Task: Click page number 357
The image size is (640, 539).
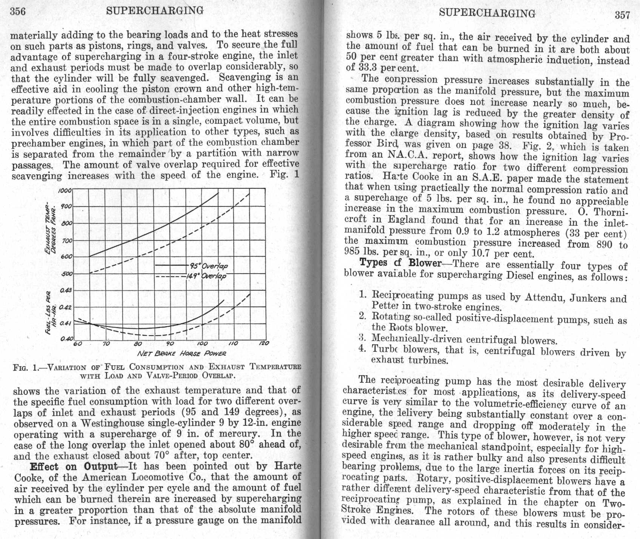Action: (622, 15)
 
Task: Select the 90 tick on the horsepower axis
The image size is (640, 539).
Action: (170, 344)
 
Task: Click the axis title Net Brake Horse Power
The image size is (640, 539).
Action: (182, 354)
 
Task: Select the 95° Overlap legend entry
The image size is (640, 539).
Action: (214, 266)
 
